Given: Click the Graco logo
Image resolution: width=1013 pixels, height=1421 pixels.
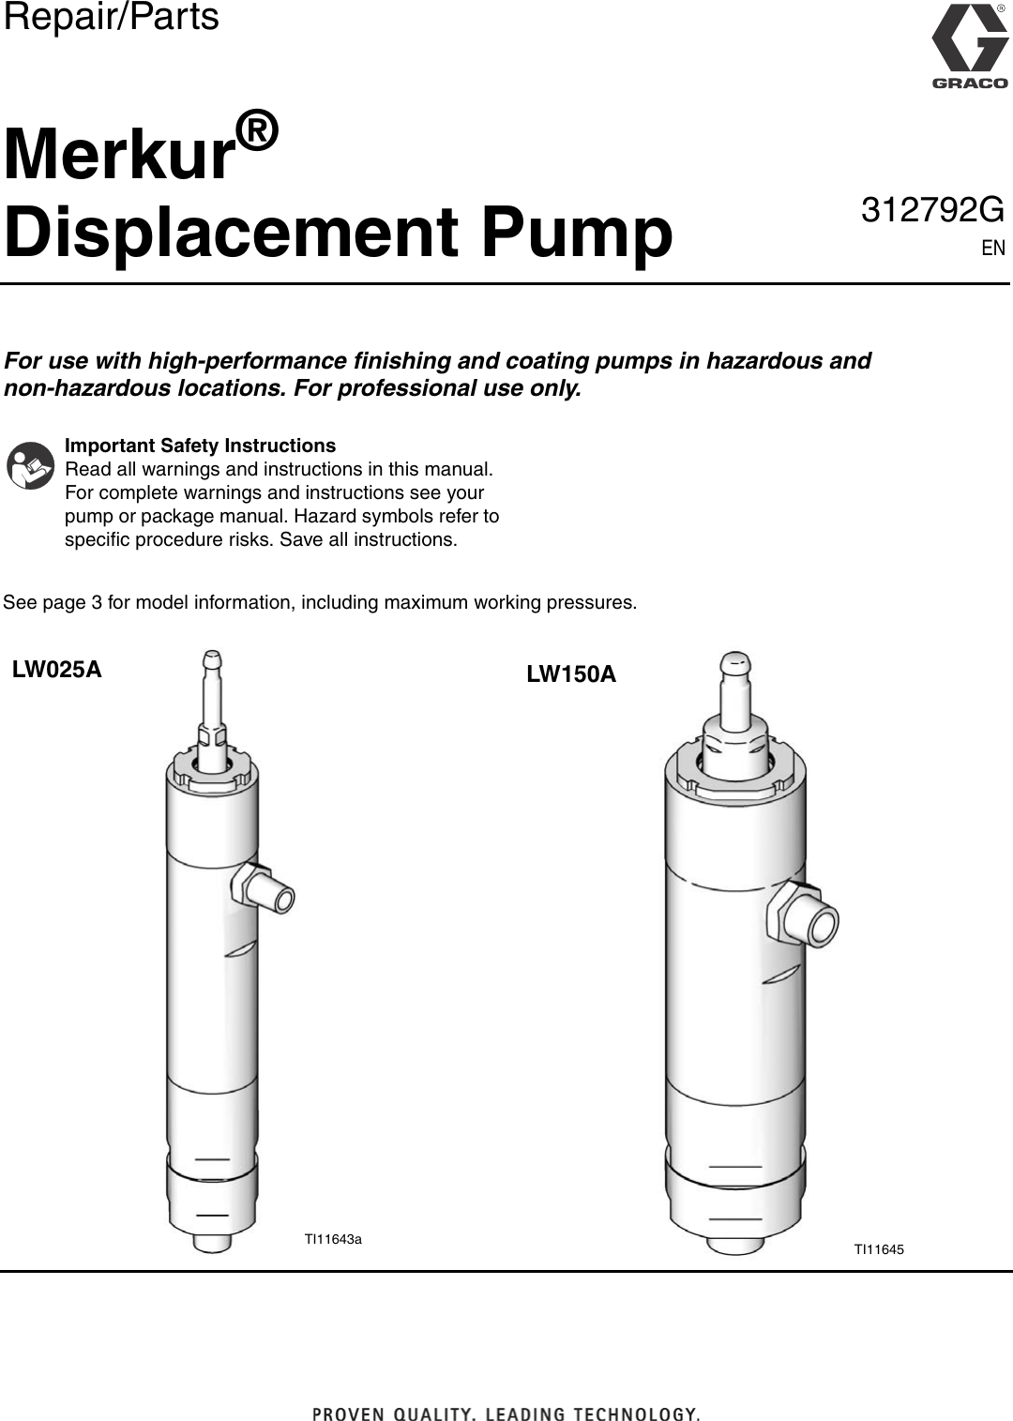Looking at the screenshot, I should click(x=969, y=47).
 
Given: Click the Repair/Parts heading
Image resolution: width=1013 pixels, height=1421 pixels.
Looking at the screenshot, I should click(x=111, y=17).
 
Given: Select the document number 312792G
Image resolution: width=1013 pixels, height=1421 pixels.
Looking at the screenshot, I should click(x=931, y=211).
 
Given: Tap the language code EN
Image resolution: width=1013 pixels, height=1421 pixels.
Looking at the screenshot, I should click(x=992, y=248).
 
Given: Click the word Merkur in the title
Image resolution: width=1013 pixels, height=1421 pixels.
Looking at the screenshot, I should click(x=118, y=155).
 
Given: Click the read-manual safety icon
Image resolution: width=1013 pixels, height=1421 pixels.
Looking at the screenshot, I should click(x=31, y=466).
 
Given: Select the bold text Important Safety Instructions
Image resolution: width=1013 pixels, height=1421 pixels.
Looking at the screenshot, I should click(x=200, y=446).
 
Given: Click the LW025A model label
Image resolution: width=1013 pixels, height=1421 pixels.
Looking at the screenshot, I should click(x=57, y=670).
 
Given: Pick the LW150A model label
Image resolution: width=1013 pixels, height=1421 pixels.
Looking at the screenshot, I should click(x=571, y=674).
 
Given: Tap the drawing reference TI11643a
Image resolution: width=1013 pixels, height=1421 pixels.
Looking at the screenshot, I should click(x=333, y=1239).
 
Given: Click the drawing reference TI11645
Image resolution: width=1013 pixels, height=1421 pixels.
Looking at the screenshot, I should click(x=878, y=1249).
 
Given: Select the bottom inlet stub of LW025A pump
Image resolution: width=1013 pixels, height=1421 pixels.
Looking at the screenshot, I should click(x=213, y=1242).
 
